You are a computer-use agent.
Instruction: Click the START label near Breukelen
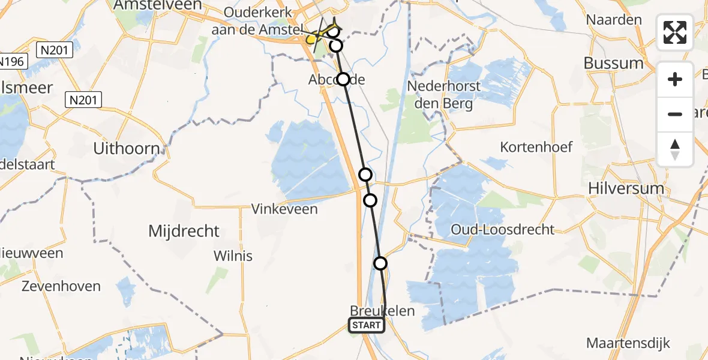(x=367, y=325)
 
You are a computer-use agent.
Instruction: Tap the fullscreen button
(x=675, y=32)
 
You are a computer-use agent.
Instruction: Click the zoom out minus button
(x=675, y=114)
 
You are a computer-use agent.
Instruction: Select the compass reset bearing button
(x=675, y=149)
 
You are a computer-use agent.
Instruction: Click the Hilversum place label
(x=627, y=188)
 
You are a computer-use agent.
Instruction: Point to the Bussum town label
(x=614, y=63)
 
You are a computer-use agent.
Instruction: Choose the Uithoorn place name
(x=127, y=148)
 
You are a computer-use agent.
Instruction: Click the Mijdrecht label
(x=184, y=231)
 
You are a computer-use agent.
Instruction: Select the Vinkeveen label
(x=284, y=209)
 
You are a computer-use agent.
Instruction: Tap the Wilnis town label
(x=233, y=256)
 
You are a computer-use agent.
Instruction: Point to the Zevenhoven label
(x=61, y=286)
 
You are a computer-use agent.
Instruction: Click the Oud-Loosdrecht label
(x=503, y=229)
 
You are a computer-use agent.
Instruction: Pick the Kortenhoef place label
(x=537, y=147)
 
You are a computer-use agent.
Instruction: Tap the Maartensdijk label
(x=628, y=343)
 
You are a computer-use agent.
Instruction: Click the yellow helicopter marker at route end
(x=311, y=40)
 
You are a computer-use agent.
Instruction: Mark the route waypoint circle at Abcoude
(x=343, y=79)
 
